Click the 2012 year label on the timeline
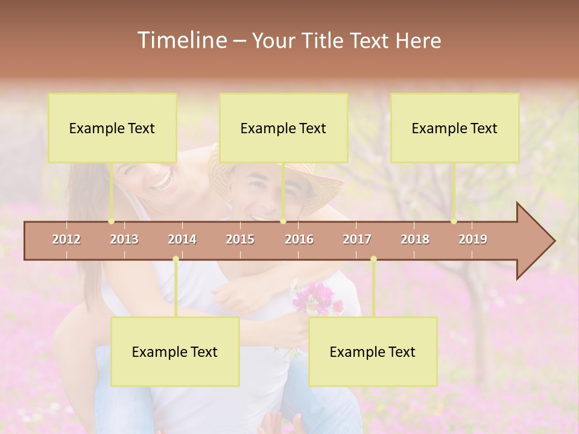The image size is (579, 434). tap(66, 239)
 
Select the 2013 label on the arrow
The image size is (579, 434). tap(124, 239)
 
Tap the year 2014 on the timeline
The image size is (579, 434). tap(182, 239)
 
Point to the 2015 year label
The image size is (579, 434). tap(240, 239)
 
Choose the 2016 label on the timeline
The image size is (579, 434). tap(299, 239)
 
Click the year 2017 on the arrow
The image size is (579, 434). tap(357, 239)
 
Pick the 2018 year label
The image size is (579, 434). tap(415, 239)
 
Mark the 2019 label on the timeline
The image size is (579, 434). tap(473, 239)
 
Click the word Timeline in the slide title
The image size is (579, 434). tap(181, 40)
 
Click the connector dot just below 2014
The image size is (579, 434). tap(176, 259)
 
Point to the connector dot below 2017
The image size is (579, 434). tap(373, 259)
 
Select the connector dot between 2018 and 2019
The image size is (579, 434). tap(454, 221)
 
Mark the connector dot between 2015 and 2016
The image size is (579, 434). tap(283, 221)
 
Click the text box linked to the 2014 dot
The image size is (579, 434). tap(175, 352)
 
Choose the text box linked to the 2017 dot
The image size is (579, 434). tap(373, 352)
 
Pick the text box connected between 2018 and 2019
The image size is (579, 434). tap(455, 128)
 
